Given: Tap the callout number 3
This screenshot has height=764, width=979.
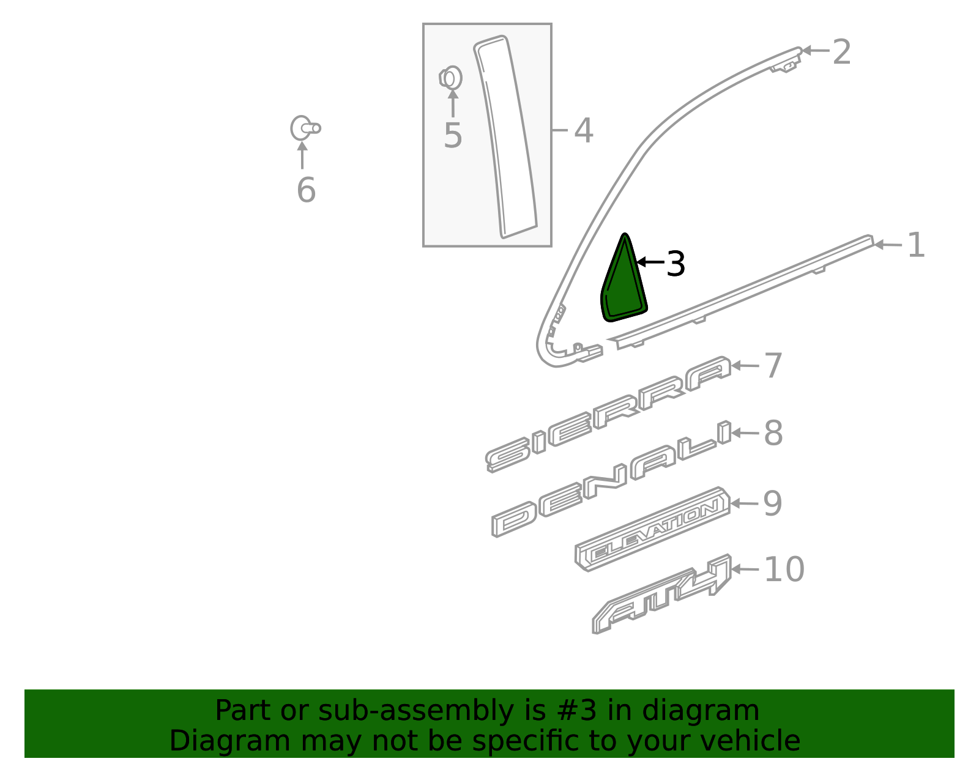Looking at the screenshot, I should (676, 264).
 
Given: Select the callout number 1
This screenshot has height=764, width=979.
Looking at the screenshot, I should (915, 245).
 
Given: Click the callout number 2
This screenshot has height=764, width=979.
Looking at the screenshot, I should (842, 52).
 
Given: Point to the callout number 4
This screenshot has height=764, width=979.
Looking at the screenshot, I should (583, 131).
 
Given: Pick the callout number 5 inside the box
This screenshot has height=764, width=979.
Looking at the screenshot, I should (453, 136).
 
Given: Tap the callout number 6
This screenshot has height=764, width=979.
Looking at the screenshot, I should (306, 190).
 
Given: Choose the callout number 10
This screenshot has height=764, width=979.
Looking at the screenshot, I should (784, 569).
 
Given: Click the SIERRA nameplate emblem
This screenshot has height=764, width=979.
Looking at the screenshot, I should (608, 414).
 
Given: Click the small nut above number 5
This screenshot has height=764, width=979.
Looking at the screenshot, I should (451, 78).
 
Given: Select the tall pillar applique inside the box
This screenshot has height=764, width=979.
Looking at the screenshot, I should (505, 138).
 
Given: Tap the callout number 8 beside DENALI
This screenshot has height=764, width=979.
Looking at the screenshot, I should (773, 433).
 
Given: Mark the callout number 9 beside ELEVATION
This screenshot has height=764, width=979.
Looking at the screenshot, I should (773, 504).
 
